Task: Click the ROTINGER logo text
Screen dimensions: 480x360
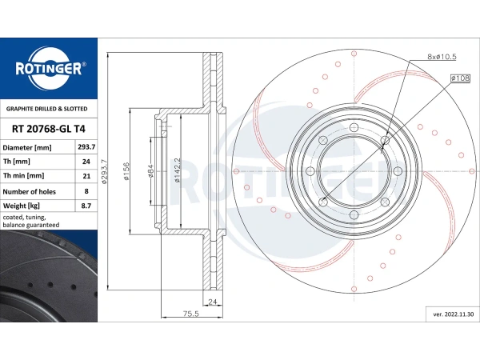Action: pyautogui.click(x=49, y=69)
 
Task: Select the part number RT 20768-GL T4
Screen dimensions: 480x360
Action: pyautogui.click(x=48, y=129)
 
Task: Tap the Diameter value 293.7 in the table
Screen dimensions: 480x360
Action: pyautogui.click(x=86, y=147)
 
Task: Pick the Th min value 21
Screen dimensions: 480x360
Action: pyautogui.click(x=86, y=176)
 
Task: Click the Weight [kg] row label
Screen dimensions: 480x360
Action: pyautogui.click(x=21, y=206)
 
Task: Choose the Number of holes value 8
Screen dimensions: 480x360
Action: pyautogui.click(x=86, y=191)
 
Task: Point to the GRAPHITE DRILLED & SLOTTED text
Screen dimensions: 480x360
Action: pyautogui.click(x=47, y=109)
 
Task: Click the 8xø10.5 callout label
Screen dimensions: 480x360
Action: pyautogui.click(x=442, y=56)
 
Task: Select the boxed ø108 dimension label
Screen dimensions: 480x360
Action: pyautogui.click(x=460, y=78)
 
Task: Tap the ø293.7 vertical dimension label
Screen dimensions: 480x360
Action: pyautogui.click(x=104, y=171)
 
